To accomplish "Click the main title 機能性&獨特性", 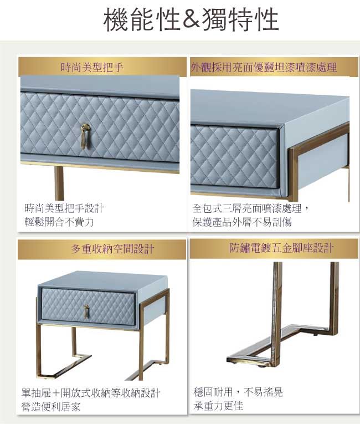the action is [x=191, y=19].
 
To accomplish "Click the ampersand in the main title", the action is [x=191, y=19].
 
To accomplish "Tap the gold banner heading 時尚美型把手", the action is [x=92, y=67].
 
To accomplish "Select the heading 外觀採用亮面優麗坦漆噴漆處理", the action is [x=264, y=67].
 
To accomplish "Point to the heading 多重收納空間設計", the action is [x=112, y=248].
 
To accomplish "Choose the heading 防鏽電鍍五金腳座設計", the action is [x=281, y=248].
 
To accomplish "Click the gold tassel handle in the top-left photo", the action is [x=85, y=136].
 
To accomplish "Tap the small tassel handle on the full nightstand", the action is [x=86, y=311].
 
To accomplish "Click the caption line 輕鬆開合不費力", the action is [x=59, y=222].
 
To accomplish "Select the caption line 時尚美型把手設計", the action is [x=64, y=208].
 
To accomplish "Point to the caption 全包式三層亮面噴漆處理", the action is [x=247, y=208].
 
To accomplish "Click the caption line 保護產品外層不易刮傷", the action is [x=242, y=222].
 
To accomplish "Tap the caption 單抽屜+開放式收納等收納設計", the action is [x=91, y=393].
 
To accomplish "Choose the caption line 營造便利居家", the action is [x=51, y=407].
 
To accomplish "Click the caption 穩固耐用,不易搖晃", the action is [x=238, y=392].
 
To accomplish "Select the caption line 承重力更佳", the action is [x=218, y=406].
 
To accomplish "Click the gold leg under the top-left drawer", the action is [x=59, y=183].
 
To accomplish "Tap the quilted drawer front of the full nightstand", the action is [x=89, y=306].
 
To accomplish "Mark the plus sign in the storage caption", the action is [x=56, y=393].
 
